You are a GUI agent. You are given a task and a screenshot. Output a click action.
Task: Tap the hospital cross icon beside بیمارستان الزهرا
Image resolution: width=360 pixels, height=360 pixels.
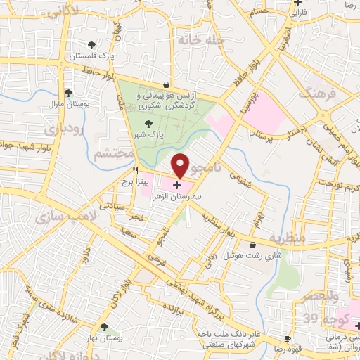coord(176,186)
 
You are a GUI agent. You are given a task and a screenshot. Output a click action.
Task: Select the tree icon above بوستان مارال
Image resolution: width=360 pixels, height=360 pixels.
coord(68,92)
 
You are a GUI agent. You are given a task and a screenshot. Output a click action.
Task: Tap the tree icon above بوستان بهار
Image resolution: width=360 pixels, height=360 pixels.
coord(105,326)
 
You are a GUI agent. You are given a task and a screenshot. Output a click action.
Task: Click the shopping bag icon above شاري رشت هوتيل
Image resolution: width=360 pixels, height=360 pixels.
coord(253,245)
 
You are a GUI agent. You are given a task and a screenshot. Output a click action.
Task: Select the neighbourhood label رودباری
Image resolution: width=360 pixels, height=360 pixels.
coord(63,129)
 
